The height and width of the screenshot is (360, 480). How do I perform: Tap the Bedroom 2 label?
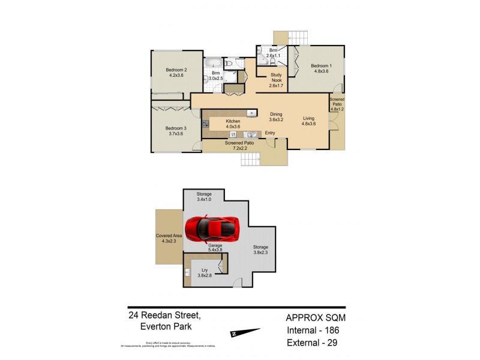[177, 70]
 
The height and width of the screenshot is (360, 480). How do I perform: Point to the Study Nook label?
[276, 75]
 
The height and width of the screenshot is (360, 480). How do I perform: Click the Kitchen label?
[233, 121]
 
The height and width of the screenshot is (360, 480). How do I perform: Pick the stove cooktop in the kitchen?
[206, 124]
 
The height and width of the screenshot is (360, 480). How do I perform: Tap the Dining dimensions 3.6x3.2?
[276, 119]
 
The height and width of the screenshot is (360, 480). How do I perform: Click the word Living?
[309, 118]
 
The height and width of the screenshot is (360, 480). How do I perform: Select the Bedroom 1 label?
[320, 65]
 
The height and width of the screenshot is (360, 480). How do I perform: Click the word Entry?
[270, 133]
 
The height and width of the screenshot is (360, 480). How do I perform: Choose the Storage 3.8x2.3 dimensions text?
[260, 252]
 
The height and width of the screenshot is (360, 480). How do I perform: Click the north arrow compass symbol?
[245, 332]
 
